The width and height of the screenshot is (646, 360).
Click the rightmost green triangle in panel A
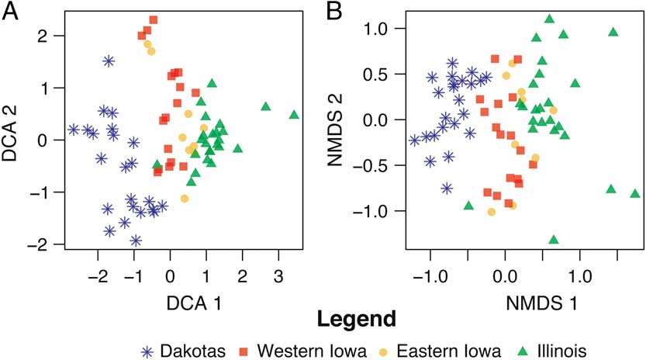pyautogui.click(x=294, y=115)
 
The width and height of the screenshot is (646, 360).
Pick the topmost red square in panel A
pyautogui.click(x=154, y=19)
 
